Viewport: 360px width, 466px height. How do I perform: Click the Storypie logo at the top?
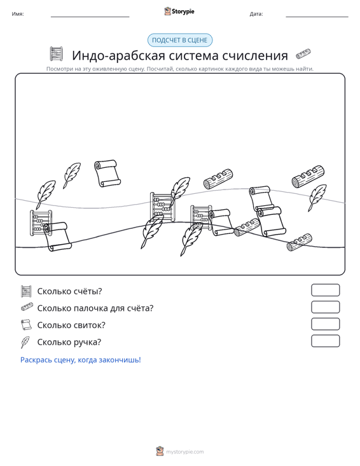[x=179, y=11]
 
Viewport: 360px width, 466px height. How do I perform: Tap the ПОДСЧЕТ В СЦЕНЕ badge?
[x=180, y=40]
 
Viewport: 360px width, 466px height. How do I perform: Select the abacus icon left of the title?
[x=56, y=54]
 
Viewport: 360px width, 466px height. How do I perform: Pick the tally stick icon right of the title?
[x=303, y=54]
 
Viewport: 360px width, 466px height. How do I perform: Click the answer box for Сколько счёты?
[x=325, y=290]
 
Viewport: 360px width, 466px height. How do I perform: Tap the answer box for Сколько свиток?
[x=325, y=324]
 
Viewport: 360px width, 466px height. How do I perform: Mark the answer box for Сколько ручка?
[x=325, y=341]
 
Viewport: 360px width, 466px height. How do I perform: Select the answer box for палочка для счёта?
[x=325, y=307]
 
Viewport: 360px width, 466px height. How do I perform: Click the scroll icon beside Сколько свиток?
[x=26, y=325]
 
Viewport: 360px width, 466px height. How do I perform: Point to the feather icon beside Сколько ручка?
[x=25, y=342]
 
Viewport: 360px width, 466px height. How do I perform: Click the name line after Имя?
[x=90, y=17]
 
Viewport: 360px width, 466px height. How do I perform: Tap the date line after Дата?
[x=317, y=17]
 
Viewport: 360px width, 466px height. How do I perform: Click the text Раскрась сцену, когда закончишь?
[x=81, y=360]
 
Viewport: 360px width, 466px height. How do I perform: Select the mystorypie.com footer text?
[x=184, y=452]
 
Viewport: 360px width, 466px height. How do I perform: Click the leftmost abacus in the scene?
[x=41, y=223]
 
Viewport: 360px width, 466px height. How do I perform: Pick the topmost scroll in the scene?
[x=107, y=174]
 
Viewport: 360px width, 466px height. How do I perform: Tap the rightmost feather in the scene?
[x=317, y=197]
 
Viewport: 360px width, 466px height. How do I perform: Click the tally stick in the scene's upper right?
[x=308, y=177]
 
